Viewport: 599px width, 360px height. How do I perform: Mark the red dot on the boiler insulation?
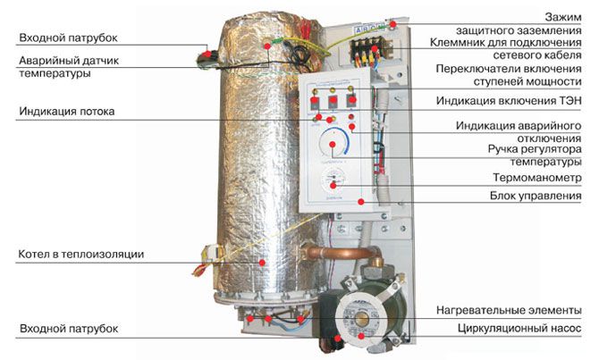click(x=262, y=262)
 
